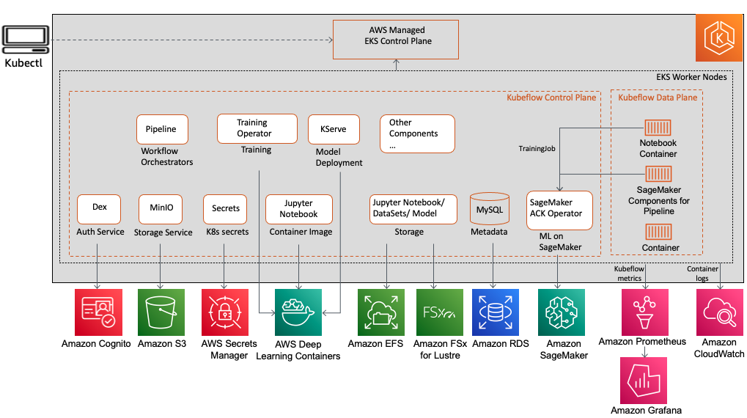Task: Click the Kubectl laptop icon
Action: (x=26, y=40)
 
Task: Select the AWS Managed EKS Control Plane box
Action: (x=396, y=40)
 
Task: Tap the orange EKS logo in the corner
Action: (x=719, y=37)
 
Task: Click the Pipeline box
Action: (x=163, y=129)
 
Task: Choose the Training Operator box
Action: (x=257, y=128)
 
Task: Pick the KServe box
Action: (x=334, y=129)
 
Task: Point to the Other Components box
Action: (x=417, y=134)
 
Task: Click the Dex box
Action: (x=99, y=209)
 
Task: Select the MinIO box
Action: (x=161, y=209)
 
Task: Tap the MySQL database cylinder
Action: (x=490, y=209)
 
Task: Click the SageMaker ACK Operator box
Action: (x=560, y=210)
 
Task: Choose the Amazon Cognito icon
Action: (x=99, y=312)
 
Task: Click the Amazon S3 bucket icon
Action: (x=161, y=312)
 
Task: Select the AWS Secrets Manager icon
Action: (x=225, y=312)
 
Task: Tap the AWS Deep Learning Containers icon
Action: (x=298, y=312)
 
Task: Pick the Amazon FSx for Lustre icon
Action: (x=440, y=312)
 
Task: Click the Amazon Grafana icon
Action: (x=644, y=381)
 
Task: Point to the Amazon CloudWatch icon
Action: (x=720, y=312)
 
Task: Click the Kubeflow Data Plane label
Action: (x=658, y=98)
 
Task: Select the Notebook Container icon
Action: (x=658, y=128)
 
